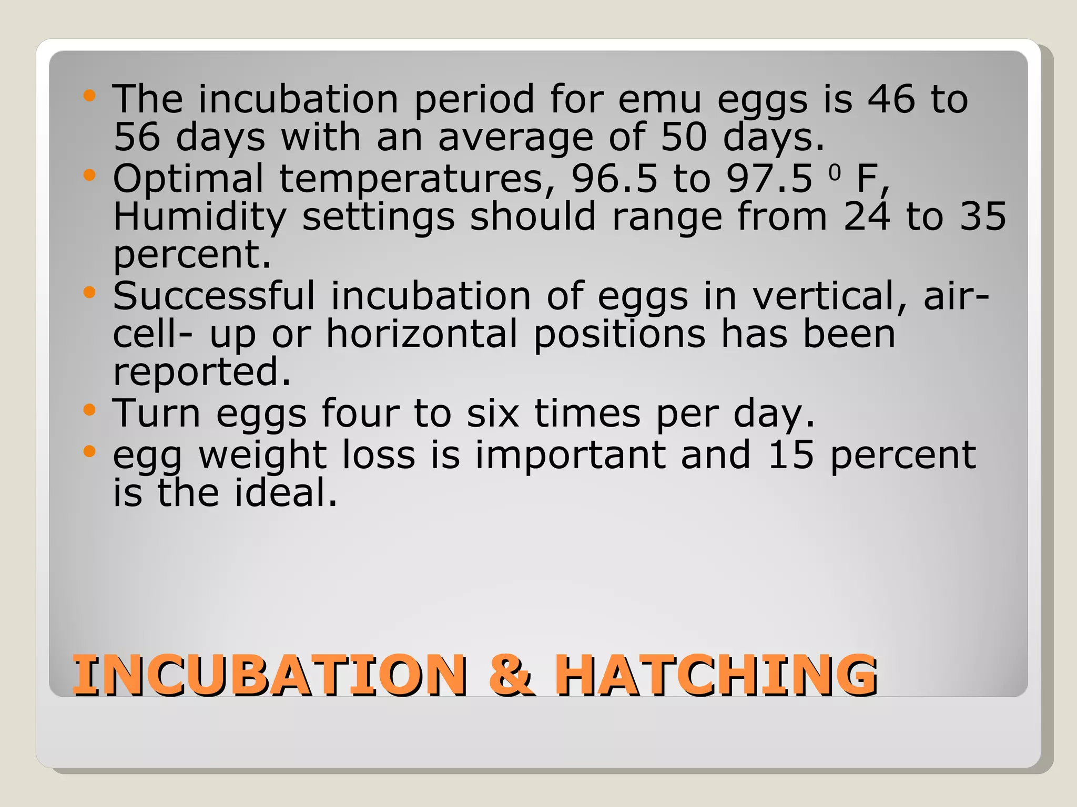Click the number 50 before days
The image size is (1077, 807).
tap(683, 137)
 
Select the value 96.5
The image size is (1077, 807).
tap(614, 179)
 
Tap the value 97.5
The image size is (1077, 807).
tap(769, 179)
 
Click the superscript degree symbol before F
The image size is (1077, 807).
tap(835, 172)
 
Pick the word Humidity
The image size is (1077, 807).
tap(200, 217)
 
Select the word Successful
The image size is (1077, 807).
tap(214, 296)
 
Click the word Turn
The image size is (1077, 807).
tap(156, 413)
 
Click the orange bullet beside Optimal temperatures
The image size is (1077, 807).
tap(89, 175)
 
